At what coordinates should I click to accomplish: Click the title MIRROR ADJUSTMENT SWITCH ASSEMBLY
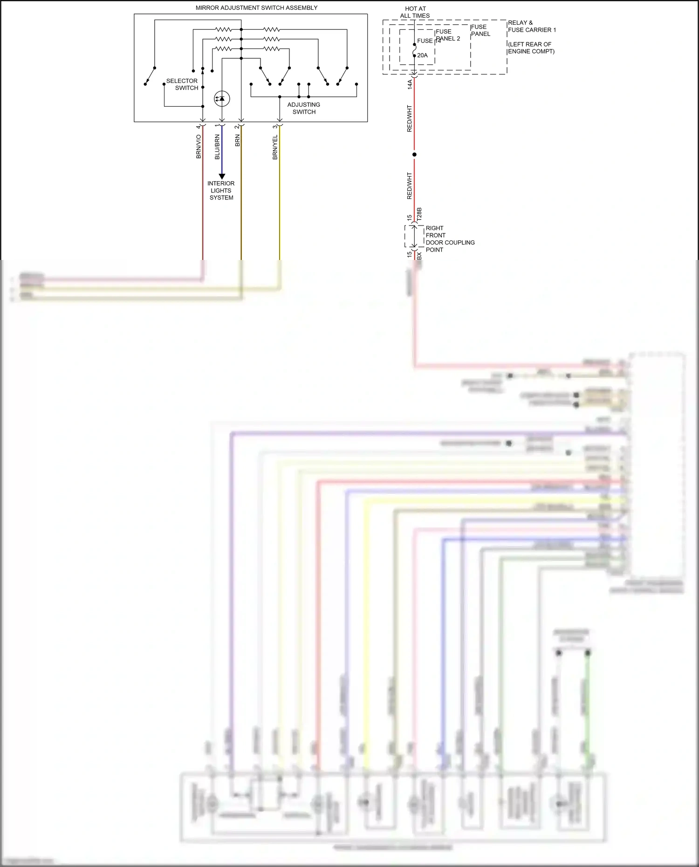pos(256,8)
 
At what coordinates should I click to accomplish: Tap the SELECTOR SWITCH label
pos(182,84)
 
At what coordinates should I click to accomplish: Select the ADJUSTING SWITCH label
pos(304,108)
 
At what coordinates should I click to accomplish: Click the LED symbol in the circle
pos(222,98)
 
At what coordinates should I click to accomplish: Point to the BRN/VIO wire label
pos(199,147)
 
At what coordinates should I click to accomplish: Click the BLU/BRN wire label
pos(217,147)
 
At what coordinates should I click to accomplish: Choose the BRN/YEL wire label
pos(275,147)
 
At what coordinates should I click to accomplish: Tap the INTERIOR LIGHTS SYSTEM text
pos(221,191)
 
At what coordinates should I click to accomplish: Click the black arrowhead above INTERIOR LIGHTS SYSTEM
pos(222,177)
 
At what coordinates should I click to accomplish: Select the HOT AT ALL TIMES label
pos(415,12)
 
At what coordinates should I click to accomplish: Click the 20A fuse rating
pos(422,55)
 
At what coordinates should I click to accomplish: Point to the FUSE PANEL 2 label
pos(447,35)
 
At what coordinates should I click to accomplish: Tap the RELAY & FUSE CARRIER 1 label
pos(531,26)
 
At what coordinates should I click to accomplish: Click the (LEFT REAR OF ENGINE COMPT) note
pos(531,48)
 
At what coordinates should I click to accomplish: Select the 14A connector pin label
pos(410,84)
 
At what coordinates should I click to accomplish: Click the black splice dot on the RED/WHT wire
pos(414,154)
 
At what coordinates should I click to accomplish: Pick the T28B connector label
pos(419,214)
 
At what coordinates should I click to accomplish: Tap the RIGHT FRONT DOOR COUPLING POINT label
pos(450,239)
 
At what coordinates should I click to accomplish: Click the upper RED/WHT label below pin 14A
pos(410,118)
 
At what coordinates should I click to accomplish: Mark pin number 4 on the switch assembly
pos(198,127)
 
